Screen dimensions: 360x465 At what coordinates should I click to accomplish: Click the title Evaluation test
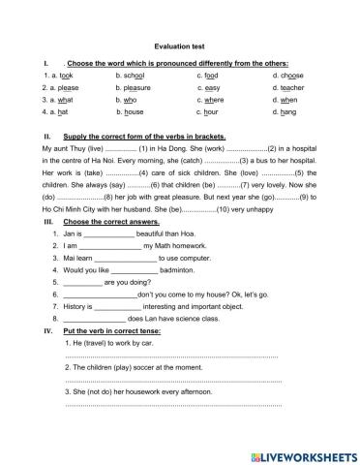coord(179,45)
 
